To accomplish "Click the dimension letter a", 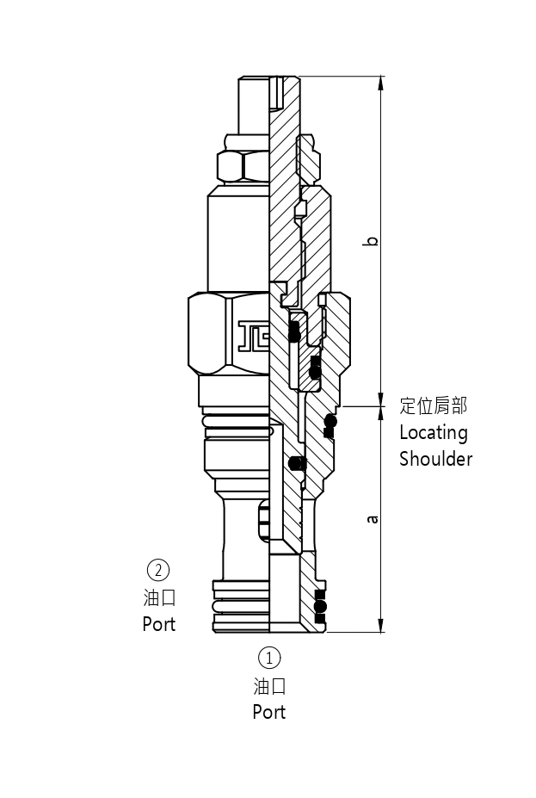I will [x=372, y=519].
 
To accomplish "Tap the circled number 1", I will [x=269, y=659].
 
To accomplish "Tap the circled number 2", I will [x=158, y=570].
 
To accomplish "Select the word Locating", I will [x=433, y=432].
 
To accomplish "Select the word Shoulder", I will [x=435, y=459].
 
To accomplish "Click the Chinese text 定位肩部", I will [x=434, y=405].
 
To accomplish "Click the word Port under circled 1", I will [x=269, y=712].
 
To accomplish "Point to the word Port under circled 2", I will [x=159, y=623].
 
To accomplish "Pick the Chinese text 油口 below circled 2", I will [x=159, y=597].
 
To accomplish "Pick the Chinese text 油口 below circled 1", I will [x=269, y=686].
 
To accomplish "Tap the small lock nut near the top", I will [x=243, y=164].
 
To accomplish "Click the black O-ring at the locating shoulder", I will [x=330, y=423].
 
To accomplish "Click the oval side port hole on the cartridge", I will [x=263, y=520].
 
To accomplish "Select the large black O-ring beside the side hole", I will [x=297, y=463].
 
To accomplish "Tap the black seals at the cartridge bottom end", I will [x=321, y=606].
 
